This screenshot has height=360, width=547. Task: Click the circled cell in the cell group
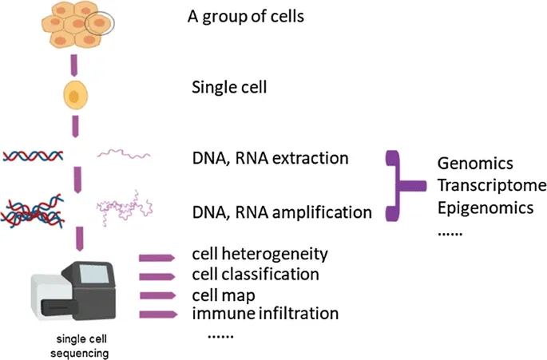coord(100,23)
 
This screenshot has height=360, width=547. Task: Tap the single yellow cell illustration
coord(75,95)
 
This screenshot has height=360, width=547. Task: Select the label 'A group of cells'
coord(246,17)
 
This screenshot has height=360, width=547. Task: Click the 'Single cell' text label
coord(229,87)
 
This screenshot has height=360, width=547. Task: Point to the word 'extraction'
coord(310,158)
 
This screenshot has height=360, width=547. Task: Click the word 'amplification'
coord(322,212)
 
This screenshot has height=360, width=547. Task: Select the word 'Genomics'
coord(475,164)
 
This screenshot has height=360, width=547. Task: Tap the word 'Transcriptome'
coord(492,185)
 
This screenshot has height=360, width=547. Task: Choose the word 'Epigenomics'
coord(486,208)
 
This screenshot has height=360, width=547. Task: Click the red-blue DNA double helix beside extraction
coord(33,156)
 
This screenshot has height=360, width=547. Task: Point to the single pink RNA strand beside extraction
coord(124,154)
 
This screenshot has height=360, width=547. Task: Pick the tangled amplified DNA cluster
coord(33,211)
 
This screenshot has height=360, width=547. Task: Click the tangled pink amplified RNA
coord(125,208)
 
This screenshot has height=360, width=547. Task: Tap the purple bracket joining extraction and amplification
coord(398,185)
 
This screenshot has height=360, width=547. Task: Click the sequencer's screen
coord(93,274)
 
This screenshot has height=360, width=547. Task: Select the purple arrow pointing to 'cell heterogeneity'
coord(157,258)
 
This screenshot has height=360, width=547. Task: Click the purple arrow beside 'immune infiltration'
coord(158,315)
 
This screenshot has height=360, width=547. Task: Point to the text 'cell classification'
coord(256,274)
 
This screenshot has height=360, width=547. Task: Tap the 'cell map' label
coord(224,295)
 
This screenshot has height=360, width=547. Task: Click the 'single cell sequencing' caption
coord(80,346)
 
